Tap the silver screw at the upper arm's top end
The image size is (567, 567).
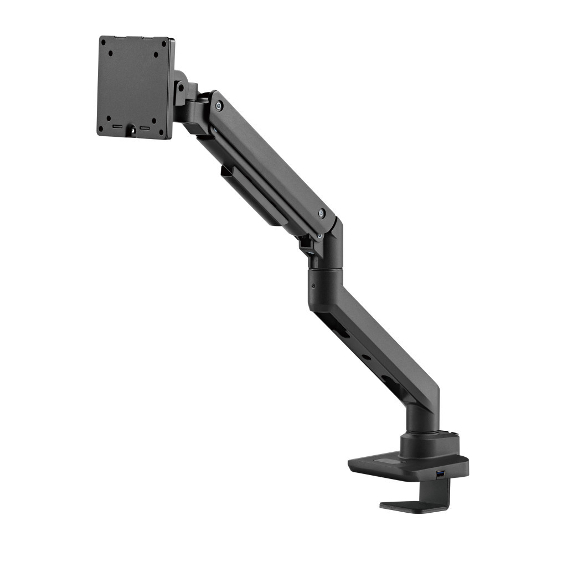[220, 105]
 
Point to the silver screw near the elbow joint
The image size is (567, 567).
[322, 213]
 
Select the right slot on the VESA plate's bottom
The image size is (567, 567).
[145, 128]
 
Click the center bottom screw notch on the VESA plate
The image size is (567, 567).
[132, 132]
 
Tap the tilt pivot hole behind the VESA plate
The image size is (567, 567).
[180, 87]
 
